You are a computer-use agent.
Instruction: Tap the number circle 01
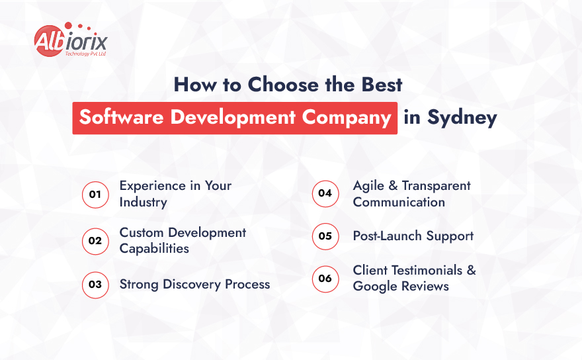[x=95, y=195]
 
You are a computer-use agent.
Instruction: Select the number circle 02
[x=95, y=240]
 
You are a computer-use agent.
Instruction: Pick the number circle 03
[x=95, y=285]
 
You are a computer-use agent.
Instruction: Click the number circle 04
[x=325, y=194]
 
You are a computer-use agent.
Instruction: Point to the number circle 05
[x=325, y=236]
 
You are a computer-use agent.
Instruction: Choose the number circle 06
[x=325, y=279]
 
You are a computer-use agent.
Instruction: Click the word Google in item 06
[x=374, y=286]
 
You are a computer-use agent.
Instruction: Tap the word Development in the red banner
[x=234, y=118]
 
